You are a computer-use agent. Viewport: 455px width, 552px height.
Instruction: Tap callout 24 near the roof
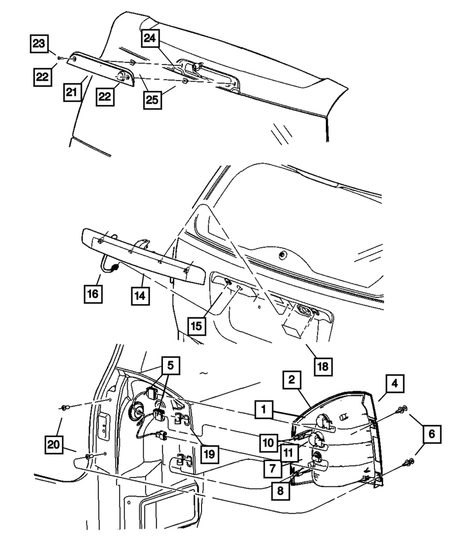click(x=150, y=38)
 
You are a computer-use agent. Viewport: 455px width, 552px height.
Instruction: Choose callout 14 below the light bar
click(x=141, y=295)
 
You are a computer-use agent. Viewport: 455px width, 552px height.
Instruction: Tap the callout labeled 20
click(x=55, y=444)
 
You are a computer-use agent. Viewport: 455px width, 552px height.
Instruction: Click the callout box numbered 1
click(x=264, y=410)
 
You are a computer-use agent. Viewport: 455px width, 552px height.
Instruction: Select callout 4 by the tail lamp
click(x=395, y=382)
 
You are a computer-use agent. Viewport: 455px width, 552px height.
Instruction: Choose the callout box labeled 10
click(x=269, y=442)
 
